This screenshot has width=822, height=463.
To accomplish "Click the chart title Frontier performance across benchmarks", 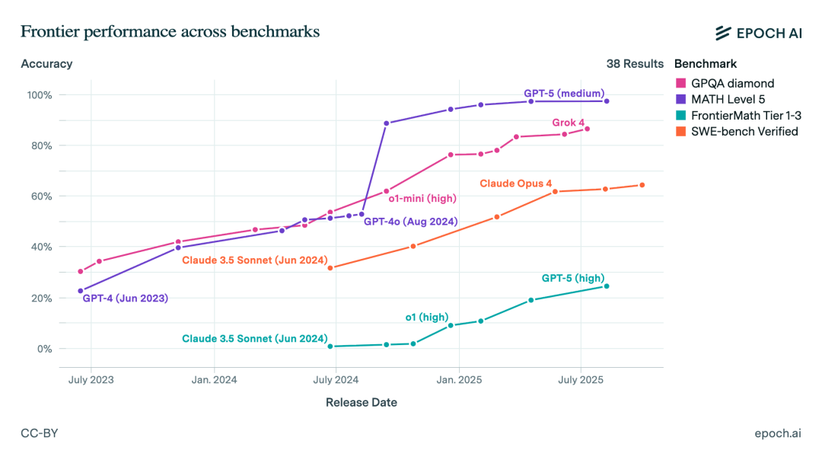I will pyautogui.click(x=170, y=31).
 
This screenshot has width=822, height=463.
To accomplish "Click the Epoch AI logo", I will pyautogui.click(x=758, y=32).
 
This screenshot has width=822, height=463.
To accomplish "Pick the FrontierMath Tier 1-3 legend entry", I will pyautogui.click(x=745, y=115).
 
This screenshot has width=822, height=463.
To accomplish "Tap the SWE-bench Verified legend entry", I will pyautogui.click(x=744, y=131).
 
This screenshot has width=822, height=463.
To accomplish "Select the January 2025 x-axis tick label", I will pyautogui.click(x=459, y=379).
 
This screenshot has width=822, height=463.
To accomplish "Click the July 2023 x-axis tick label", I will pyautogui.click(x=91, y=379).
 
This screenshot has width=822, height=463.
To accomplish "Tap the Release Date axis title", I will pyautogui.click(x=361, y=402).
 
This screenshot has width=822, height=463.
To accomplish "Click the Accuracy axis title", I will pyautogui.click(x=46, y=64).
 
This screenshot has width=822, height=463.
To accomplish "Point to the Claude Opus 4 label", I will pyautogui.click(x=515, y=184).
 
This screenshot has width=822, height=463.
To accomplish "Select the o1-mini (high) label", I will pyautogui.click(x=422, y=199).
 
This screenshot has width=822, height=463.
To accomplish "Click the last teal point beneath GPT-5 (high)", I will pyautogui.click(x=607, y=286).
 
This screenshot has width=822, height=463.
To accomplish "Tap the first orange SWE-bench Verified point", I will pyautogui.click(x=330, y=268).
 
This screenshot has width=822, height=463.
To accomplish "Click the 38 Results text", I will pyautogui.click(x=635, y=64).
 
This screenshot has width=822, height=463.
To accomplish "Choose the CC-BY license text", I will pyautogui.click(x=40, y=433).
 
